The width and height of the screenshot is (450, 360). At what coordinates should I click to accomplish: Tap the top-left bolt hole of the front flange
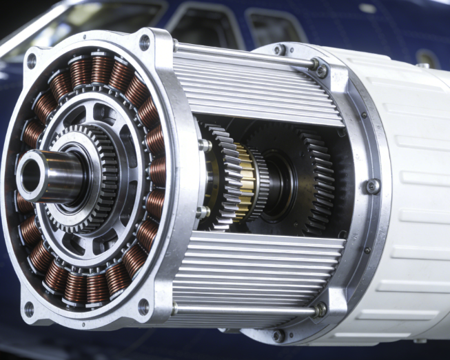click(x=31, y=60)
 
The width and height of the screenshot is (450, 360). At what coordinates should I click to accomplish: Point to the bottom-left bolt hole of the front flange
click(x=29, y=308)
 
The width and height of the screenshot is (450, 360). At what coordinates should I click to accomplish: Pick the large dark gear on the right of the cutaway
click(x=307, y=176)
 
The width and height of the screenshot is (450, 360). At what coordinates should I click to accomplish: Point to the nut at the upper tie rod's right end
click(x=321, y=70)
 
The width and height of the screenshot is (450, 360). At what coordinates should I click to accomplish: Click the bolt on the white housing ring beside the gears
click(x=372, y=186)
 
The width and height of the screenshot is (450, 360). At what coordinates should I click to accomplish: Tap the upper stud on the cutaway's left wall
click(x=205, y=146)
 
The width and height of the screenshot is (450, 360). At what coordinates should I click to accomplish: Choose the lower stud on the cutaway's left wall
click(x=204, y=212)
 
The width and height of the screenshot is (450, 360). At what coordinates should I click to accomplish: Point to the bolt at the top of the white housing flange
click(x=280, y=50)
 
